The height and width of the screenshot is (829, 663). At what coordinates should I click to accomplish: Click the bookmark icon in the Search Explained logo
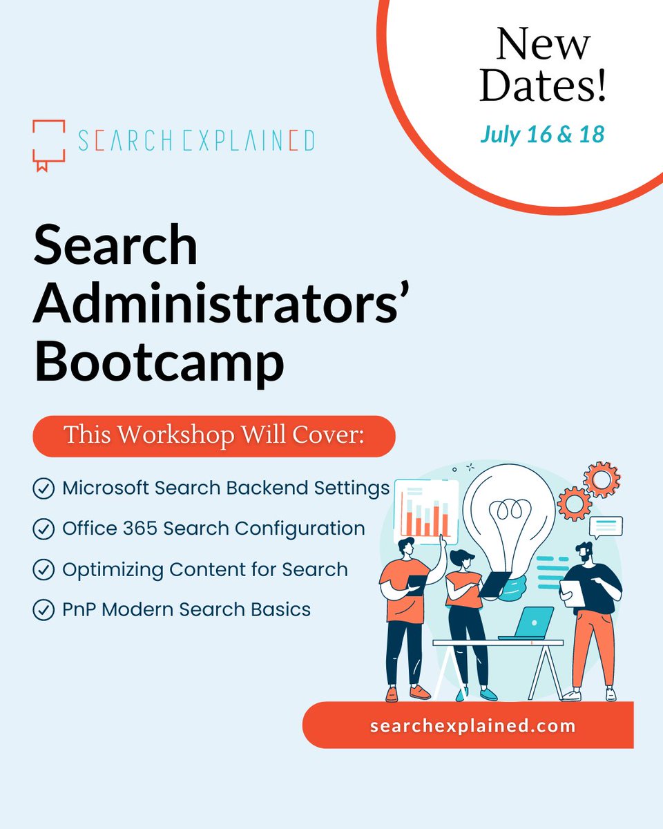pyautogui.click(x=49, y=144)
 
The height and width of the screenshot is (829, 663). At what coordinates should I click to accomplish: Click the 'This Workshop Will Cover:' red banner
pyautogui.click(x=213, y=436)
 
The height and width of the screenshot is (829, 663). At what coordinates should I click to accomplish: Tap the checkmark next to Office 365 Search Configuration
pyautogui.click(x=44, y=529)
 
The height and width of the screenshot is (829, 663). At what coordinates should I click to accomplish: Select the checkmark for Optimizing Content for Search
pyautogui.click(x=44, y=570)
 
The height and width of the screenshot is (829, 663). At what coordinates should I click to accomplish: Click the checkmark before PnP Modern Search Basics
pyautogui.click(x=44, y=610)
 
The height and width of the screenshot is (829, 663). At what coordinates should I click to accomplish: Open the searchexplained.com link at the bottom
pyautogui.click(x=472, y=726)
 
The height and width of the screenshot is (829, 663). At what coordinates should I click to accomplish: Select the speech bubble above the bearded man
pyautogui.click(x=606, y=527)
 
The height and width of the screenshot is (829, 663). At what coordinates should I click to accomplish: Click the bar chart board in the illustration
pyautogui.click(x=426, y=512)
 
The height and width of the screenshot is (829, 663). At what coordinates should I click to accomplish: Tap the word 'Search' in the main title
pyautogui.click(x=115, y=246)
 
